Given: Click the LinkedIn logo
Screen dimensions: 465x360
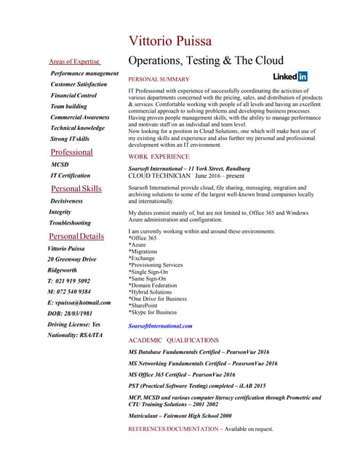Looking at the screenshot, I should pyautogui.click(x=290, y=76).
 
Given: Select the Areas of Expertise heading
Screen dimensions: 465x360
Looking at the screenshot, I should pyautogui.click(x=74, y=62).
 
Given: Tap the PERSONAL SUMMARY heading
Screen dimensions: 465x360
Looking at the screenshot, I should pyautogui.click(x=159, y=78).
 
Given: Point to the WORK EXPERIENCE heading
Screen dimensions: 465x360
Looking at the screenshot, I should pyautogui.click(x=159, y=157).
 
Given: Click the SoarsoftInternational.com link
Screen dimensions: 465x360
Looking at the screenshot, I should pyautogui.click(x=160, y=326).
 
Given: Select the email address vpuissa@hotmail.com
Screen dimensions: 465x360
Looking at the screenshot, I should pyautogui.click(x=79, y=302).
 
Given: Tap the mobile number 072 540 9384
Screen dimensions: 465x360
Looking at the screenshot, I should pyautogui.click(x=69, y=291).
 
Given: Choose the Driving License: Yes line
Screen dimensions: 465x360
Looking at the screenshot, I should pyautogui.click(x=73, y=324).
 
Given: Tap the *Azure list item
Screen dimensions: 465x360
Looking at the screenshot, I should pyautogui.click(x=137, y=245).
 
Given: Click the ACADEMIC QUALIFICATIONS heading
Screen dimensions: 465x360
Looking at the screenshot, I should pyautogui.click(x=173, y=340).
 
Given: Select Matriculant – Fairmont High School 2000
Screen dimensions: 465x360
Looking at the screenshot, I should pyautogui.click(x=180, y=416).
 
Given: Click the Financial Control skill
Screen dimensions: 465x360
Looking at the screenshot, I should pyautogui.click(x=73, y=95).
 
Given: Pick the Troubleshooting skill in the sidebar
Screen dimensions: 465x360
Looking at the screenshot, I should pyautogui.click(x=70, y=223).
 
